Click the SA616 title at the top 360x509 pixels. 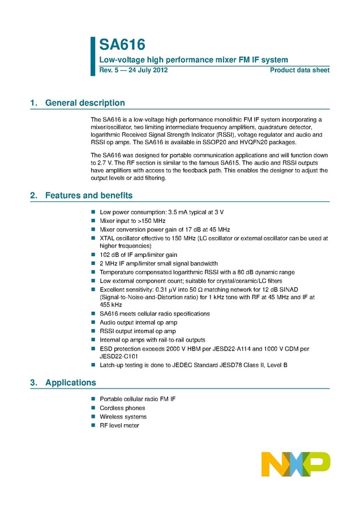(122, 45)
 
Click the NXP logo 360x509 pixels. (295, 464)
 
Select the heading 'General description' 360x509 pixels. (85, 103)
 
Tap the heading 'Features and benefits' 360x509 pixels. (89, 196)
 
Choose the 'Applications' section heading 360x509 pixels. (70, 382)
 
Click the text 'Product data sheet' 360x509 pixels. (299, 71)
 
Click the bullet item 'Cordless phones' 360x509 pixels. (122, 408)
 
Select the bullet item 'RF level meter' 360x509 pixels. (119, 425)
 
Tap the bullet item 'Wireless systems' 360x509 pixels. (123, 417)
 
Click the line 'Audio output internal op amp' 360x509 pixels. (138, 322)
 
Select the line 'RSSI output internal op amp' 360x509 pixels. (138, 331)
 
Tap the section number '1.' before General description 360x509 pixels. (33, 103)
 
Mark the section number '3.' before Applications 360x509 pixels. (33, 382)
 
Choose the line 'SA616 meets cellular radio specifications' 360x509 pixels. (155, 313)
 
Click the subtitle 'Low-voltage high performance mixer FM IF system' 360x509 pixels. (194, 60)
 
